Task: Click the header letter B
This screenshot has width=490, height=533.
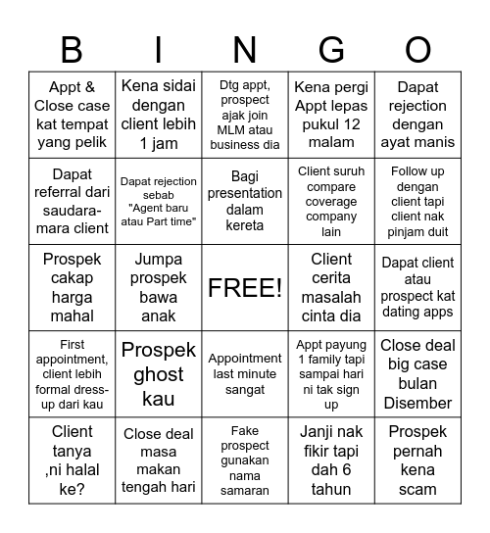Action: (73, 48)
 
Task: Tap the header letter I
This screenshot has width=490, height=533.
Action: (159, 48)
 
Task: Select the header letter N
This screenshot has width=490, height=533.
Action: (245, 48)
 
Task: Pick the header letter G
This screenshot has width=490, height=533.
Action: (331, 48)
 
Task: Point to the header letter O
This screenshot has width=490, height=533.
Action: (417, 48)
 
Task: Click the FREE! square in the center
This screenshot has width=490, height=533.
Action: (245, 287)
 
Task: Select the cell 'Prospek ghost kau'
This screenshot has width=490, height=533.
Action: (159, 374)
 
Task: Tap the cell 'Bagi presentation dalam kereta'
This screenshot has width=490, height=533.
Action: (245, 201)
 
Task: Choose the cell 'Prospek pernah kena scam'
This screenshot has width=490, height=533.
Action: (417, 460)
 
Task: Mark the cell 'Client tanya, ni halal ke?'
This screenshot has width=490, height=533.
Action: (73, 460)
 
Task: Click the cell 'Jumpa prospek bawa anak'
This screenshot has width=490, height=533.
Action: (159, 287)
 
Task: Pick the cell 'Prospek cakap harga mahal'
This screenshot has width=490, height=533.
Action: (73, 287)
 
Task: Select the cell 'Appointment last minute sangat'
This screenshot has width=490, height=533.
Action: (245, 374)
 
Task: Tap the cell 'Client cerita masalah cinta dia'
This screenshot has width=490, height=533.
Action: (331, 287)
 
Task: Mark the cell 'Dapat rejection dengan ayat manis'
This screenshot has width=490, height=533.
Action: (417, 116)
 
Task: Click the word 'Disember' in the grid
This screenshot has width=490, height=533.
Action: (417, 403)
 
